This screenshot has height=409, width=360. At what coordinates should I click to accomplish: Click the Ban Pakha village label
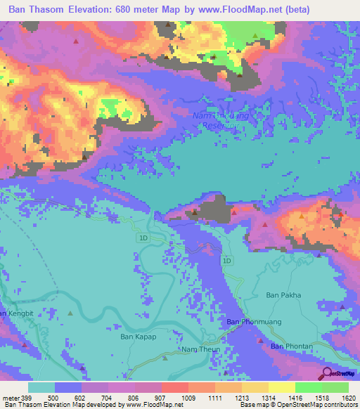[x=283, y=295]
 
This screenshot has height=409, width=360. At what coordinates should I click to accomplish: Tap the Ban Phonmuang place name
[x=248, y=322]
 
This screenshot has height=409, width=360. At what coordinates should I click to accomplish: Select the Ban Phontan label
[x=291, y=346]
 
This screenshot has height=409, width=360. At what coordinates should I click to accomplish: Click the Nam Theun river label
[x=200, y=349]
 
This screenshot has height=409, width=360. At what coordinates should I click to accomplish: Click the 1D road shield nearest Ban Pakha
[x=226, y=261]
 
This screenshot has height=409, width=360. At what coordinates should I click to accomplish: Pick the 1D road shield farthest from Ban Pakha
[x=143, y=239]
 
